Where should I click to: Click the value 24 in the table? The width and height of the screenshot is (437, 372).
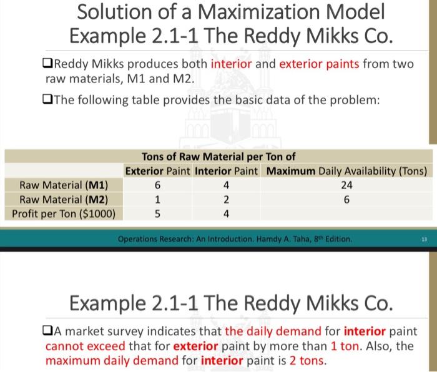pos(347,185)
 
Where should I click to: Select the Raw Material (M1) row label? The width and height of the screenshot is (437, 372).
pos(64,185)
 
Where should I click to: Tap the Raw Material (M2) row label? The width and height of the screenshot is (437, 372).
pos(64,199)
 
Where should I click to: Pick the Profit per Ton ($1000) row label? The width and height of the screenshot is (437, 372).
pos(64,213)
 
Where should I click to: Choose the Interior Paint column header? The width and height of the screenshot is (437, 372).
pos(227,170)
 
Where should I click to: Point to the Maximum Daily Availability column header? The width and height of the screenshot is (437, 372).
pos(347,170)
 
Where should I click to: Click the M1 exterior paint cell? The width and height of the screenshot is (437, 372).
pos(158,185)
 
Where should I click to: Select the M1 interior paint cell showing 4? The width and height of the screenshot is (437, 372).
pos(227,185)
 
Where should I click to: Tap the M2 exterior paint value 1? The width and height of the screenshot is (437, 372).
pos(158,199)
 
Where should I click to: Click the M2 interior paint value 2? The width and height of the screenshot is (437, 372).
pos(227,199)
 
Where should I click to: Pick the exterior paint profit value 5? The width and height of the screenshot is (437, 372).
pos(158,213)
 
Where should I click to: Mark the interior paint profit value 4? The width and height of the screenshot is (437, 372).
pos(227,213)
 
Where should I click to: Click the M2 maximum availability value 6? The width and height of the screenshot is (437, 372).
pos(347,199)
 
